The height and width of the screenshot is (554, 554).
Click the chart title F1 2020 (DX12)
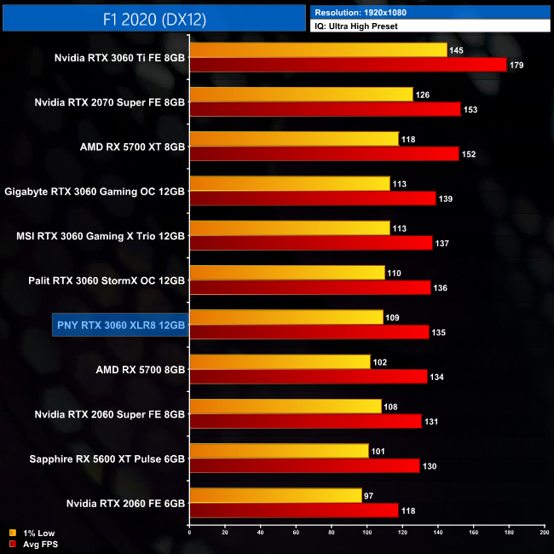153,16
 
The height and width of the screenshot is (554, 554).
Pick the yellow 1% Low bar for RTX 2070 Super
302,95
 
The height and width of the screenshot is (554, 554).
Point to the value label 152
468,154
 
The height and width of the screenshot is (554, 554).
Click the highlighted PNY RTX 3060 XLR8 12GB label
118,324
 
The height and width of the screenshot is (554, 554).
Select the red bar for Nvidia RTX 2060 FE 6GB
294,511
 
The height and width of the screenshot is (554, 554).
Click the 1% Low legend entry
34,533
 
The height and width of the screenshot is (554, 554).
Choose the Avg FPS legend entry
37,543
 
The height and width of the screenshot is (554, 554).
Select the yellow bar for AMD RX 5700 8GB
280,362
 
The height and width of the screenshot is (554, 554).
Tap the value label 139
445,199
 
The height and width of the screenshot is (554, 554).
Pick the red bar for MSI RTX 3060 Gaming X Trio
311,243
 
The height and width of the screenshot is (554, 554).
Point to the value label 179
516,65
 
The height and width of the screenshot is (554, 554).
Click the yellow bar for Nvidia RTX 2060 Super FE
286,407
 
